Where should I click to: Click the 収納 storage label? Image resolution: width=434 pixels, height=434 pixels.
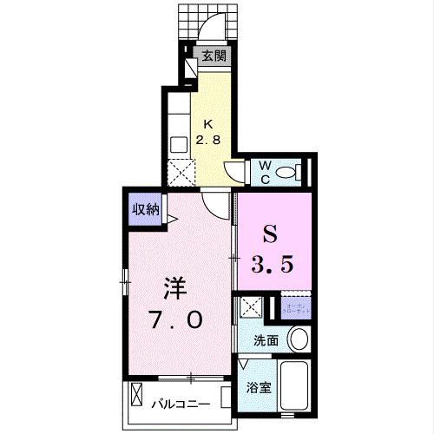[x=145, y=208]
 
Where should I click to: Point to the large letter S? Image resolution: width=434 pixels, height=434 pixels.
[x=270, y=234]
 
